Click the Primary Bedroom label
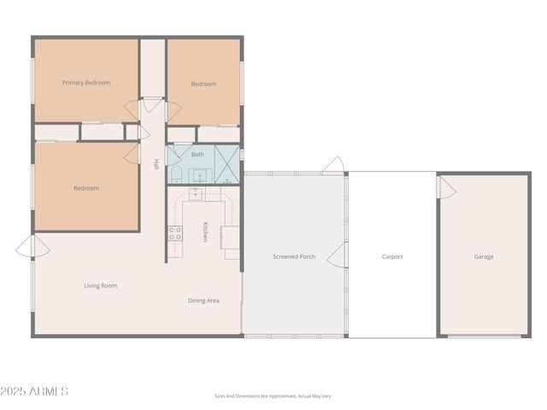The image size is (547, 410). pos(86,83)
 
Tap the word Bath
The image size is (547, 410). pos(197,155)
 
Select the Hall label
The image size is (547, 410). pos(156,164)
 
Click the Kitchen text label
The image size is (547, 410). pos(205,231)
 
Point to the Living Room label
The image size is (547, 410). pos(100,285)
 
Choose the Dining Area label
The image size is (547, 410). pos(203,300)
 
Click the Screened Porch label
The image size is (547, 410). pos(294,256)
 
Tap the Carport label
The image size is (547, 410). pos(391,256)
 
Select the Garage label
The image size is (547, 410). pos(484,256)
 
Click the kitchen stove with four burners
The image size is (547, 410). pos(174,232)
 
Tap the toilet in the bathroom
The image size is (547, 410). pos(174,175)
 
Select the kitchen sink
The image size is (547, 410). pos(196,195)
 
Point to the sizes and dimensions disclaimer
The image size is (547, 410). pos(273,396)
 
